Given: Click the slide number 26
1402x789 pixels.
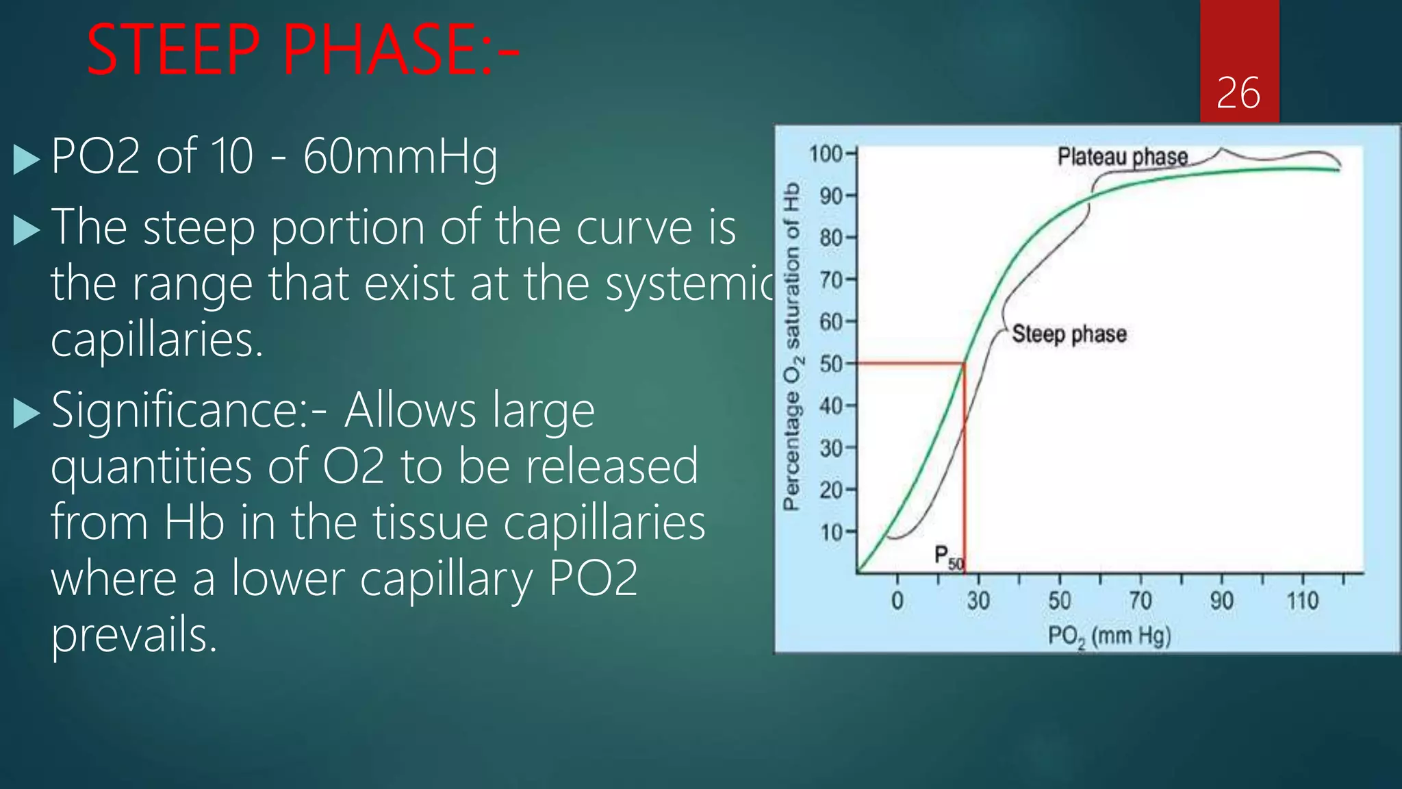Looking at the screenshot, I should pos(1238,93).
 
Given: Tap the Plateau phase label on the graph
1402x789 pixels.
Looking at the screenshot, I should pos(1122,157).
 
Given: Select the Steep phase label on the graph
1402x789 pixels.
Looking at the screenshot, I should pos(1069,334).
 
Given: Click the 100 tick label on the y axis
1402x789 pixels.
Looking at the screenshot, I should pos(826,154).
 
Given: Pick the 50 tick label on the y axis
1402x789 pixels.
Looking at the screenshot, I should pos(832,364).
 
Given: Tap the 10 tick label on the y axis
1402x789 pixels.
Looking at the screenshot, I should pos(832,532).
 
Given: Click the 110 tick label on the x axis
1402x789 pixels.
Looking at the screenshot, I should pos(1302,601).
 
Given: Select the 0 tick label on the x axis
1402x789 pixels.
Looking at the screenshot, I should pos(897,601).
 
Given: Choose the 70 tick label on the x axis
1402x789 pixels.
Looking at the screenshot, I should pos(1140,601).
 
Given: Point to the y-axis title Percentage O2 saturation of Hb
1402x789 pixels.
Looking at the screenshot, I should pos(791,347).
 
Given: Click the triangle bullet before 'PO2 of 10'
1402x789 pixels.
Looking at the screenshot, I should pos(27,160).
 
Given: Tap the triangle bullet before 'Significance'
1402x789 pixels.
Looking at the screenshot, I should pos(27,413).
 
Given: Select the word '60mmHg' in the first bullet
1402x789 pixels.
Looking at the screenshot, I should pos(400,158).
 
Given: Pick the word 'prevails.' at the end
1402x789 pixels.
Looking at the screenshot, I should pos(134,635).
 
